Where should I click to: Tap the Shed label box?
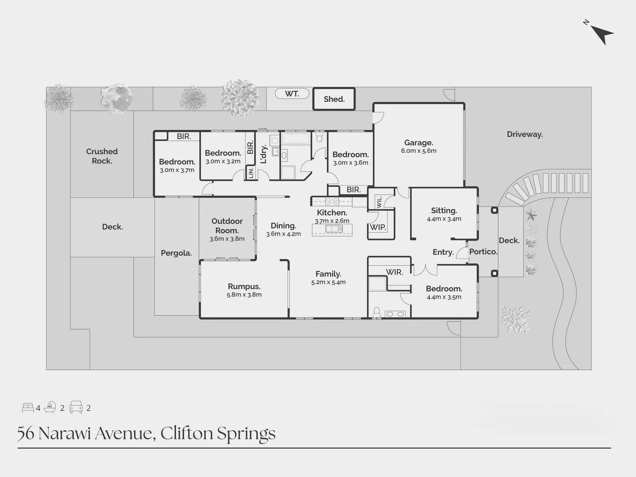pos(334,99)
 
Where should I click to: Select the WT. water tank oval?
pos(292,94)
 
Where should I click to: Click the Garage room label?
pos(418,143)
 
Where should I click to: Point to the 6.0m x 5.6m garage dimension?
pos(418,151)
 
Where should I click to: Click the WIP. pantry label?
pos(378,227)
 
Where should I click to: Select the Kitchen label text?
pos(332,212)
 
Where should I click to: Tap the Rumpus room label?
pos(244,286)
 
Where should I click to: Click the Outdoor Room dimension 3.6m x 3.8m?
pos(227,239)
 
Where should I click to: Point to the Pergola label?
pos(176,253)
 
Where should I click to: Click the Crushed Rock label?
pos(102,156)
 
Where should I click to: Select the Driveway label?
pos(525,134)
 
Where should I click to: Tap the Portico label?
pos(483,251)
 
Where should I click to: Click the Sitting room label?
pos(444,211)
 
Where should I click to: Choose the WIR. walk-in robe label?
pos(394,272)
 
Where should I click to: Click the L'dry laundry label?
pos(264,154)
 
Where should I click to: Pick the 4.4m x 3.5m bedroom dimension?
pos(444,297)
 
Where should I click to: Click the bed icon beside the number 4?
pos(28,408)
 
